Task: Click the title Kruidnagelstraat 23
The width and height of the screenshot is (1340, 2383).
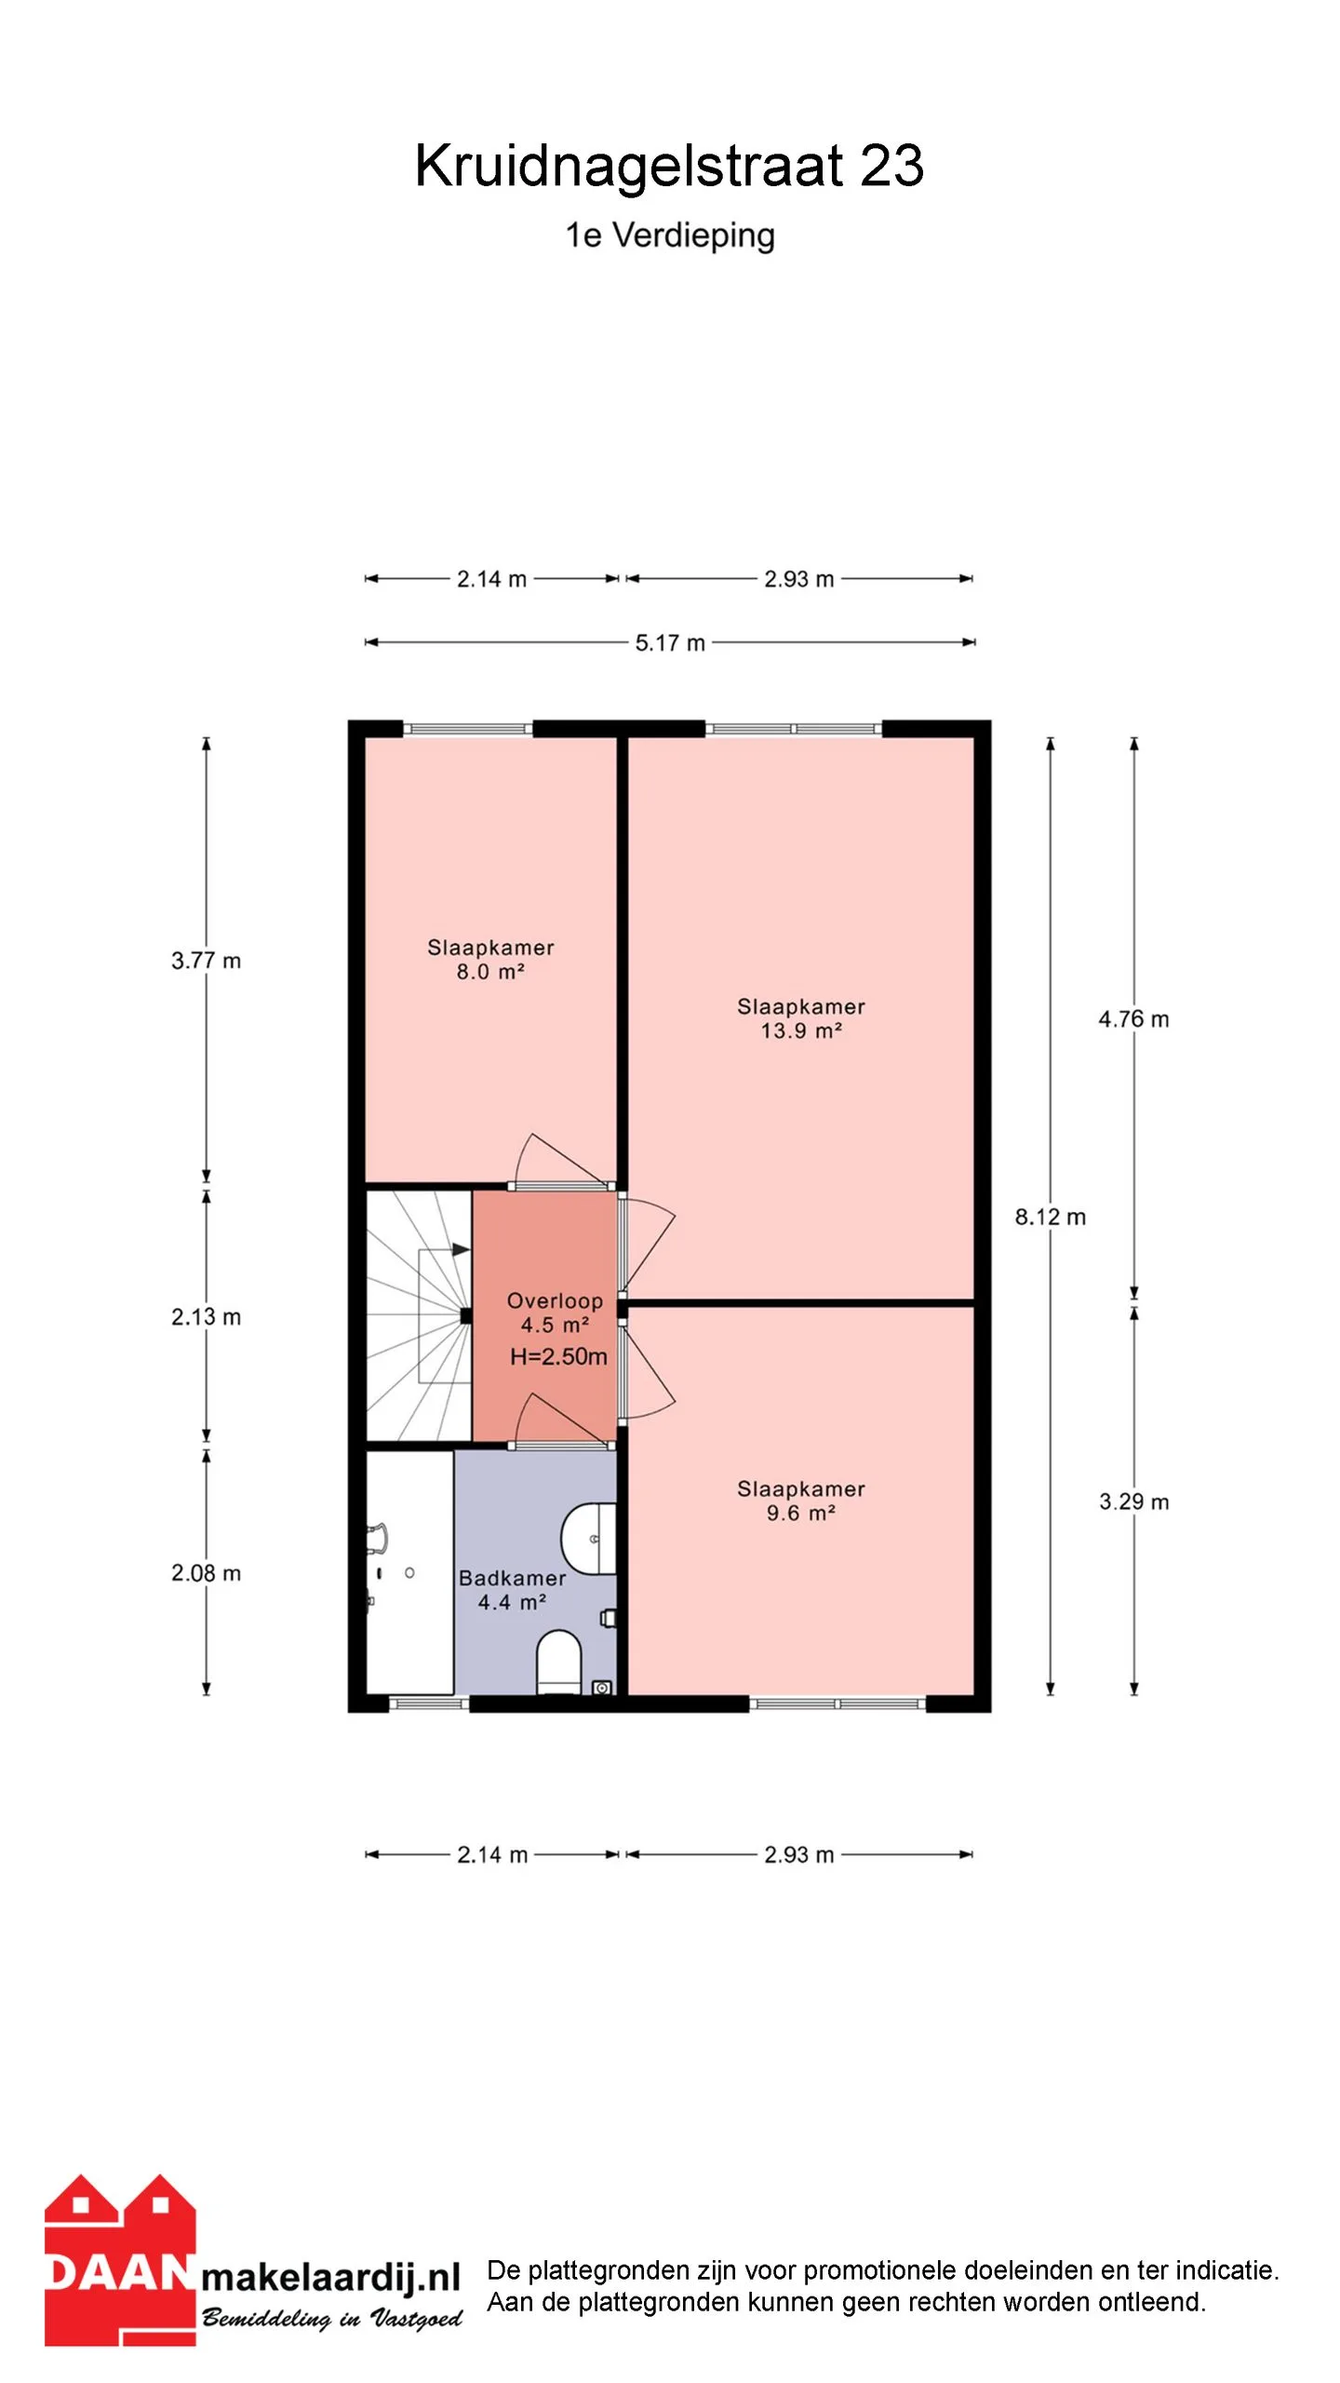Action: click(669, 166)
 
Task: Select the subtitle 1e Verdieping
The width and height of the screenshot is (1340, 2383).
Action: click(670, 236)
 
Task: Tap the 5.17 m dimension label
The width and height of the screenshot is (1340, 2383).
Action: click(670, 642)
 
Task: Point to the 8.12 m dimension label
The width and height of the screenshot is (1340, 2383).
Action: click(1051, 1217)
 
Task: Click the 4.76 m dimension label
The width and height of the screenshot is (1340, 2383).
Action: click(1133, 1019)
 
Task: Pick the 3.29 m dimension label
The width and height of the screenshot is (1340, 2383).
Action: click(1133, 1501)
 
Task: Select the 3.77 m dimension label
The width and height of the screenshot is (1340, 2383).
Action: click(206, 961)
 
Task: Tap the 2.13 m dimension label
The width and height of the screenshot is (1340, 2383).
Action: click(206, 1317)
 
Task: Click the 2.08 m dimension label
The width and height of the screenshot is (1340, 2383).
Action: click(206, 1573)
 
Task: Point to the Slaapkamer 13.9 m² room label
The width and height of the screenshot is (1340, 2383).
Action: click(801, 1018)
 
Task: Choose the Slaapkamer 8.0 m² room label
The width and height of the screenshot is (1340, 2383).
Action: click(490, 960)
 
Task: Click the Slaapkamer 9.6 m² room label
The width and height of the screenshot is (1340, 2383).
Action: click(801, 1501)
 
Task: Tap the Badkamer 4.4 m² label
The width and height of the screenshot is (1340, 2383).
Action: click(512, 1590)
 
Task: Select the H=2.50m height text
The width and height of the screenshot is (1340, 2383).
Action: click(558, 1357)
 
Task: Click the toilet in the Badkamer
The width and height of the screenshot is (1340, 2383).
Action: click(559, 1663)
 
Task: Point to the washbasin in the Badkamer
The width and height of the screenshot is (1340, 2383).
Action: click(589, 1538)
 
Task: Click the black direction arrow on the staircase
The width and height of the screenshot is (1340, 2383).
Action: click(461, 1250)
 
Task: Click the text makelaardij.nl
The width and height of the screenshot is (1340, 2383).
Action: click(331, 2278)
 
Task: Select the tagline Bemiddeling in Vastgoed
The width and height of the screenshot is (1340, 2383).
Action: click(332, 2318)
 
